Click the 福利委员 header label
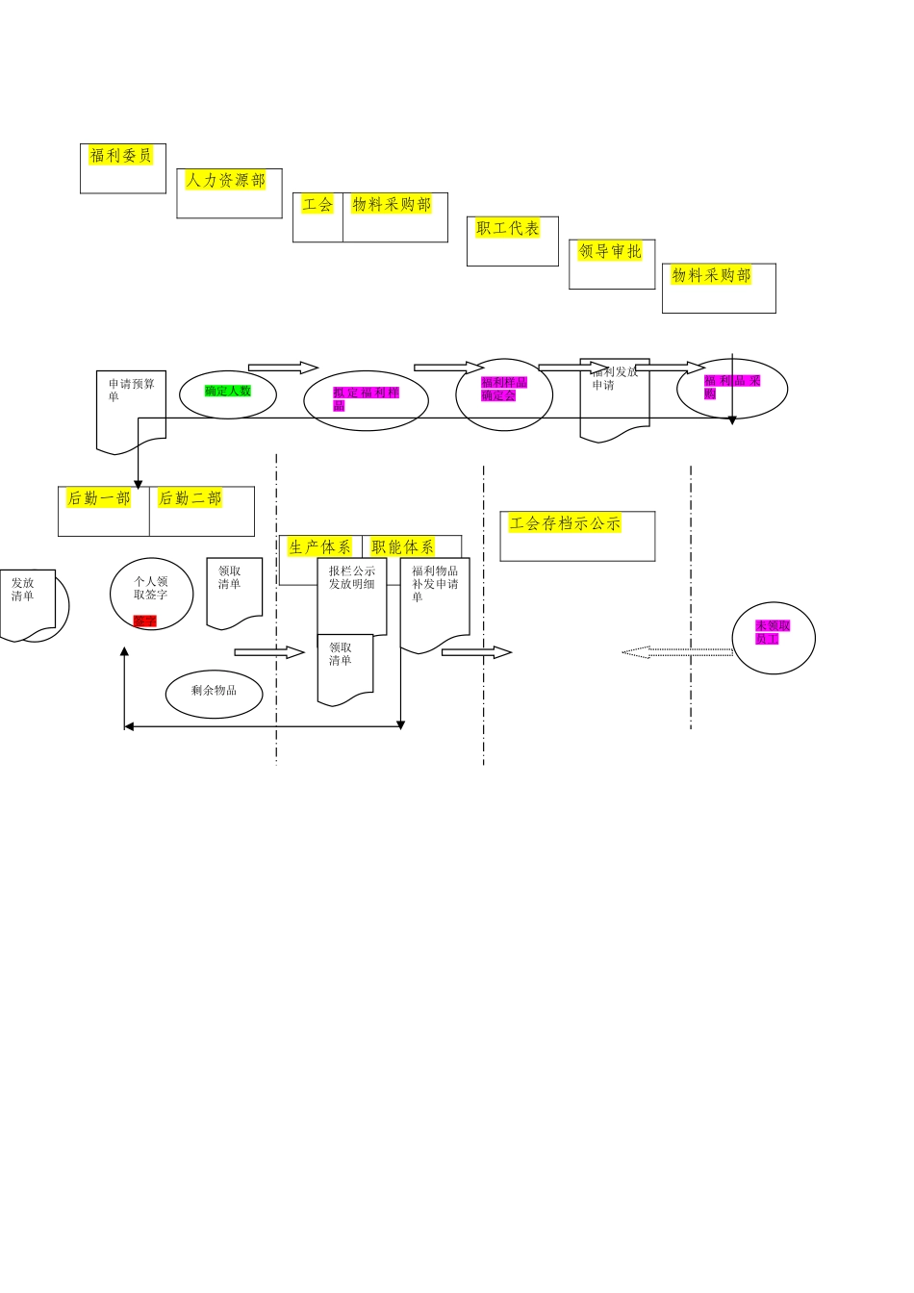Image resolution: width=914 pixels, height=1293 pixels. [120, 156]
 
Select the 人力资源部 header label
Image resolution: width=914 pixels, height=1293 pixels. [225, 180]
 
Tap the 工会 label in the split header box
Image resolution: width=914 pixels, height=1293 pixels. [317, 204]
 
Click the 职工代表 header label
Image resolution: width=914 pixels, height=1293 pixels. [508, 228]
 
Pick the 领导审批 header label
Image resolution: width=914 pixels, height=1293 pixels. [610, 251]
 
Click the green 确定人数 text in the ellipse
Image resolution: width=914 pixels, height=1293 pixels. [228, 391]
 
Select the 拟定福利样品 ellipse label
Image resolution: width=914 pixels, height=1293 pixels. [366, 398]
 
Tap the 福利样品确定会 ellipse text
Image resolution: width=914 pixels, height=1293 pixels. [503, 389]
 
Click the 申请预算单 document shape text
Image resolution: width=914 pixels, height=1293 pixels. [131, 390]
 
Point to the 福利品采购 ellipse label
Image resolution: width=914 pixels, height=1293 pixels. [732, 387]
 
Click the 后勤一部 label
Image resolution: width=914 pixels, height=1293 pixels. [98, 498]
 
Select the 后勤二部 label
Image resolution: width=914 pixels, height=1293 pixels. [190, 498]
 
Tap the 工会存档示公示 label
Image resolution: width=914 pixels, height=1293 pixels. [566, 523]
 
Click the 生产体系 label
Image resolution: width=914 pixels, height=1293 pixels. [319, 547]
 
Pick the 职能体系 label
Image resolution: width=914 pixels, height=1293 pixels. [402, 547]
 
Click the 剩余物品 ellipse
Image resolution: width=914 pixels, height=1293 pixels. [214, 691]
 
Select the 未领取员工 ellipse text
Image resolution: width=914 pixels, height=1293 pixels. [773, 632]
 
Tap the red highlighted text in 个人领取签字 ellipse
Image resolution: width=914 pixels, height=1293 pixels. [144, 621]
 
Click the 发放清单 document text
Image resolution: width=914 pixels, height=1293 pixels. [23, 589]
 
